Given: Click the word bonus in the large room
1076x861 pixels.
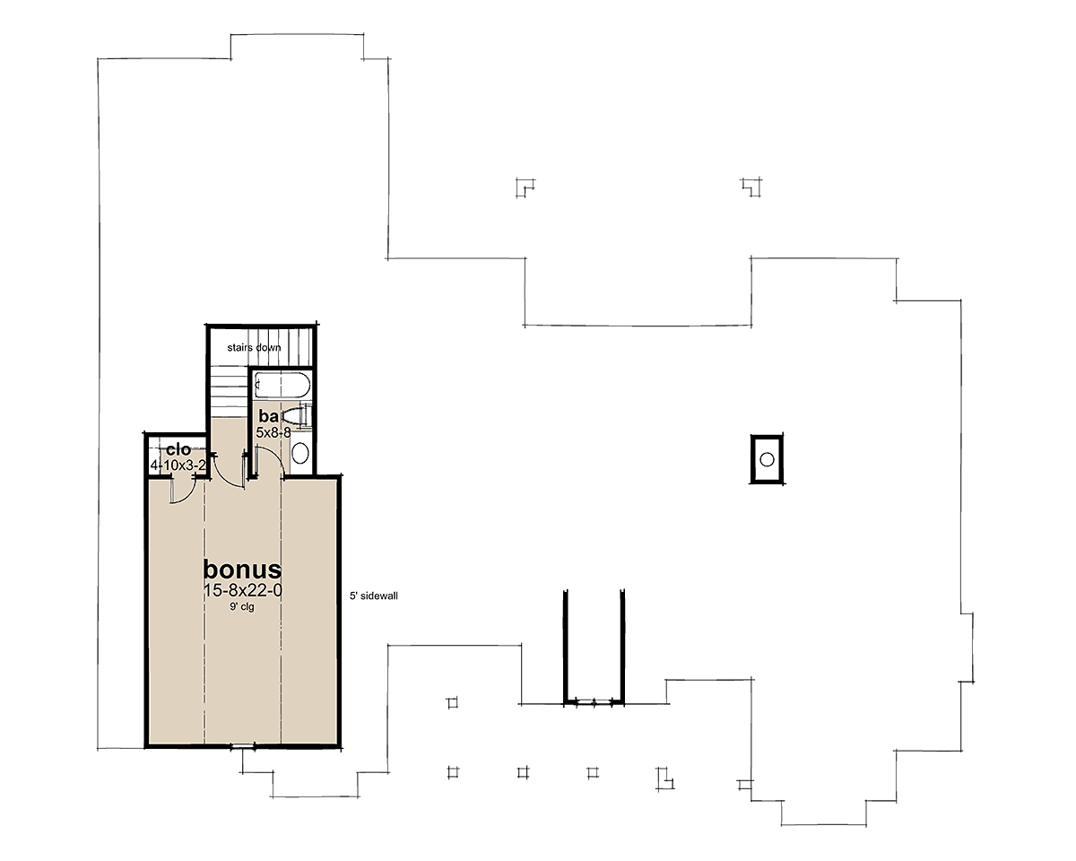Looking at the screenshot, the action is tap(242, 570).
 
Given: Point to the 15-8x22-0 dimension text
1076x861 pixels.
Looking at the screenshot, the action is tap(243, 591).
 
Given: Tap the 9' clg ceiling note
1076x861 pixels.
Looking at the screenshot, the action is tap(242, 607).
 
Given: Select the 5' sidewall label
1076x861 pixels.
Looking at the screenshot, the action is tap(374, 596).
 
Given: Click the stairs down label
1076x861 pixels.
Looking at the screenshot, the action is tap(254, 348).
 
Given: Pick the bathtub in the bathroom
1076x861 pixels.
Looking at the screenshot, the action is tap(282, 386).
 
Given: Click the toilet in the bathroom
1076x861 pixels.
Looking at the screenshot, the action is tap(297, 416).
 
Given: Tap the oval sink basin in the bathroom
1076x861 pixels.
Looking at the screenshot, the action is tap(300, 453).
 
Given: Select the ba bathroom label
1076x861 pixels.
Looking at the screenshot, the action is tap(268, 416).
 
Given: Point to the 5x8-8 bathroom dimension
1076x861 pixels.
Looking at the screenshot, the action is tap(273, 433).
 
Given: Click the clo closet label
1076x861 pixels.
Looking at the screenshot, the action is tap(178, 449).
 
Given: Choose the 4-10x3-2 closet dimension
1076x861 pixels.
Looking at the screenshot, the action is tap(178, 465).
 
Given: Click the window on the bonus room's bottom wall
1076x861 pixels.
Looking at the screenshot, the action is tap(243, 748).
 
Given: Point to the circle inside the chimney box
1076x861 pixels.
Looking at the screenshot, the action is tap(767, 459).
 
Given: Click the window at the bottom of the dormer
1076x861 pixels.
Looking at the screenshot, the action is tap(594, 703).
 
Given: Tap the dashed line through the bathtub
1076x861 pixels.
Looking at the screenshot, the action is tap(281, 386).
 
